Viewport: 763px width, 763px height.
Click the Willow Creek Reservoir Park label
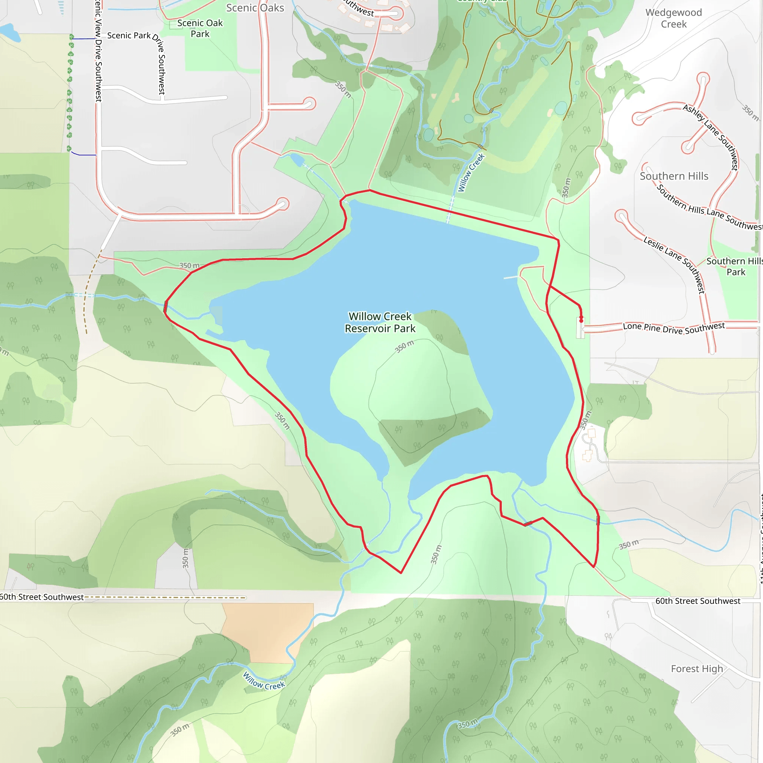(380, 322)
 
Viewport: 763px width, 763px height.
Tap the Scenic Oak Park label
(200, 28)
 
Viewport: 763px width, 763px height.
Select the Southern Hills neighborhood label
(674, 176)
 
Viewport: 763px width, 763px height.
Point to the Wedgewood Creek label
(674, 18)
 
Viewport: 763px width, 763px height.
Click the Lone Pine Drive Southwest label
(674, 328)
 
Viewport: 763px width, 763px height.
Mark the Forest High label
(697, 669)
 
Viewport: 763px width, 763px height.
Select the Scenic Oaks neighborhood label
(255, 8)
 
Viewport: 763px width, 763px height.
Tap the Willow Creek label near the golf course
(471, 173)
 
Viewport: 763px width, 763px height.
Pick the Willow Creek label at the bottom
(263, 680)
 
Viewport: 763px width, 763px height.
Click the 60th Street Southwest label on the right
(698, 601)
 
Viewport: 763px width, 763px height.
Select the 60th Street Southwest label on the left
(42, 597)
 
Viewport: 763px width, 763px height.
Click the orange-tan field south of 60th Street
(269, 632)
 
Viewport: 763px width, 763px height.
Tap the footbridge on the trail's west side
(165, 306)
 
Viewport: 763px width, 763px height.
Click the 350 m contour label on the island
(404, 346)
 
